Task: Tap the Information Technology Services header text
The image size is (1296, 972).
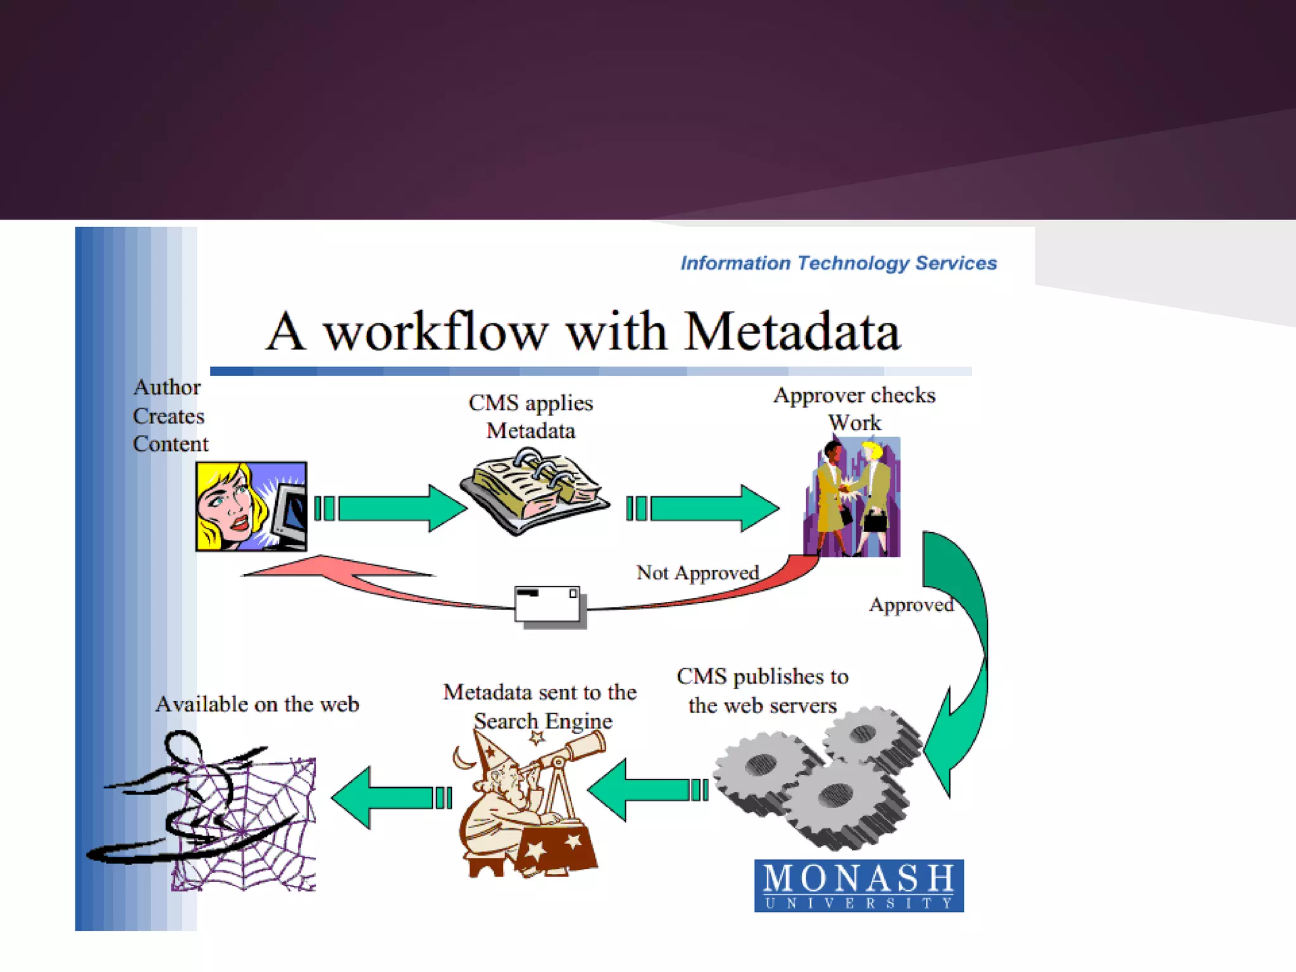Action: [838, 263]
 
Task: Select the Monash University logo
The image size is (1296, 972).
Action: [859, 885]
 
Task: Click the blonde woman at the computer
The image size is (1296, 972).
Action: [251, 506]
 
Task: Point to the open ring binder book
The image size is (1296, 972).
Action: [535, 490]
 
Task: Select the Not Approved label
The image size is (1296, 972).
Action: [697, 573]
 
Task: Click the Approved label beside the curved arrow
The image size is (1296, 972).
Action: [911, 605]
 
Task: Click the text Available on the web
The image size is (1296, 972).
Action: [257, 704]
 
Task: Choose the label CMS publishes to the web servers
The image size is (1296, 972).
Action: [763, 690]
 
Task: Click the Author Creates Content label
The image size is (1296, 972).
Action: [170, 416]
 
